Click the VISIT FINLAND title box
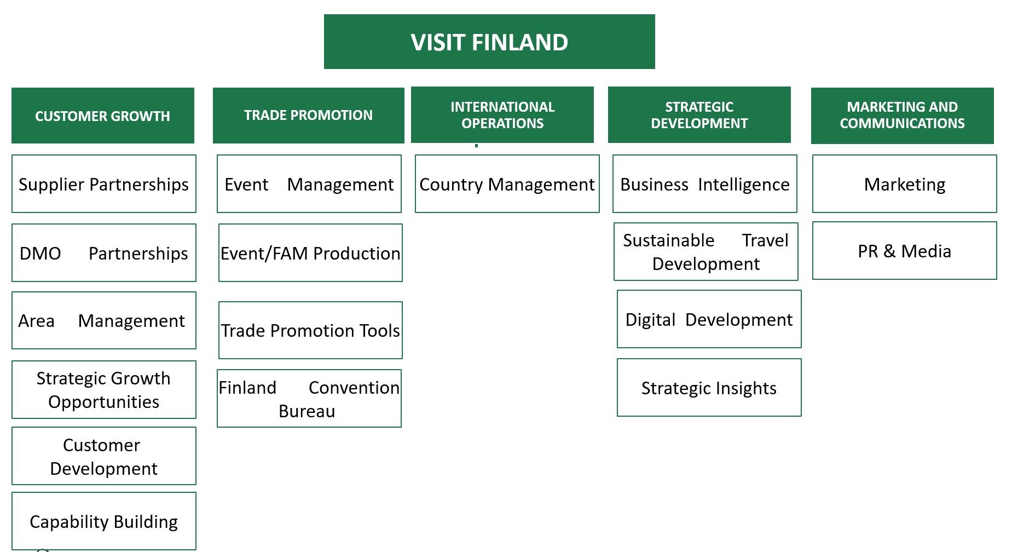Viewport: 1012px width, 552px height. click(x=489, y=42)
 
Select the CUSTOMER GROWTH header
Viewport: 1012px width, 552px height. click(x=103, y=116)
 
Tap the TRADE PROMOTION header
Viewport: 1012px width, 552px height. click(x=309, y=116)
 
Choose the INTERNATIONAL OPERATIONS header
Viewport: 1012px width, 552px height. click(x=502, y=115)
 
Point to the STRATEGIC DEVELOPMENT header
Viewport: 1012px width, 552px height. click(x=699, y=115)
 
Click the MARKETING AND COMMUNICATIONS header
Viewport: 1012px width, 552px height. click(x=903, y=116)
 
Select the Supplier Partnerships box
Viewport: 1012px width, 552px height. click(x=104, y=184)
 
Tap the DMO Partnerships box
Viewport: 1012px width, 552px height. click(x=104, y=253)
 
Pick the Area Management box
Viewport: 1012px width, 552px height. click(x=104, y=320)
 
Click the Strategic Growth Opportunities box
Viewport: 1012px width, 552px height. click(x=104, y=390)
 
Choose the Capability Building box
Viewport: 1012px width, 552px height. click(x=104, y=521)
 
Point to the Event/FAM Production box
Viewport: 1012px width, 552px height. click(x=310, y=253)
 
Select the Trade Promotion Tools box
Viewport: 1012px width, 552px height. click(x=310, y=330)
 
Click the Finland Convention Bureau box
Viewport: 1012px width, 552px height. click(x=309, y=399)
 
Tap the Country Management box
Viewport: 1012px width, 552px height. click(x=507, y=184)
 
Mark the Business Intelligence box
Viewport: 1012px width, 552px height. click(x=705, y=184)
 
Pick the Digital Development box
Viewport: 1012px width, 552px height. click(x=709, y=319)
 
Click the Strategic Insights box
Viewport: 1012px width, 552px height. click(x=709, y=388)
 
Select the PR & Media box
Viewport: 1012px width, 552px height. click(x=905, y=251)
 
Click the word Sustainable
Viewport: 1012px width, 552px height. click(x=669, y=240)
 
